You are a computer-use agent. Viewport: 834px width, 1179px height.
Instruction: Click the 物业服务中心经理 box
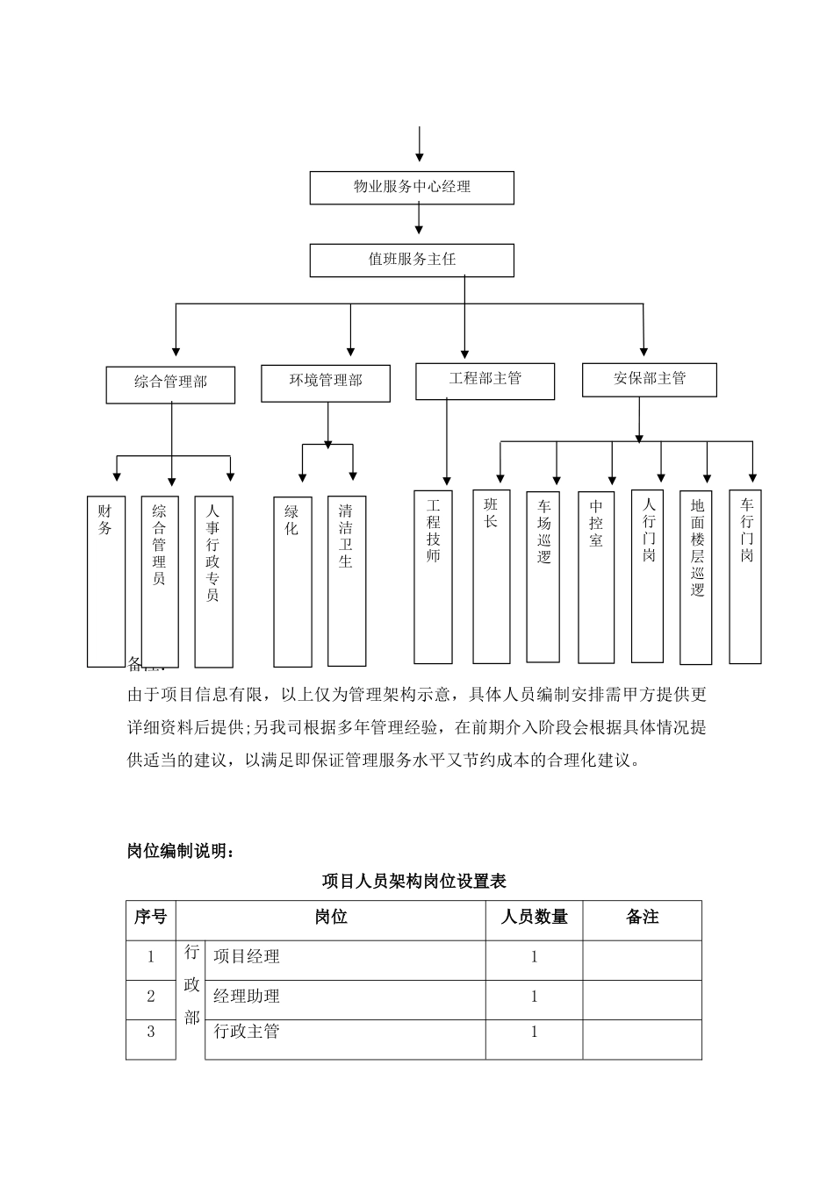412,188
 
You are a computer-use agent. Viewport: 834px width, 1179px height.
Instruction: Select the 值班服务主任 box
412,261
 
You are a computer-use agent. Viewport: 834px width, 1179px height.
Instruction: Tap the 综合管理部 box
170,384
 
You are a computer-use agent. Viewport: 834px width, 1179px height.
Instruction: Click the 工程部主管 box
485,381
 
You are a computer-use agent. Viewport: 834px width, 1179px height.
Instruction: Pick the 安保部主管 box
649,380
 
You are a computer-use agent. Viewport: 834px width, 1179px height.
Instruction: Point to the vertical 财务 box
105,581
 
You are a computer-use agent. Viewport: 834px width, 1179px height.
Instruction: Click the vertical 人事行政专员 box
213,581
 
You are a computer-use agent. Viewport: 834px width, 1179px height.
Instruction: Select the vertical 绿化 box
292,581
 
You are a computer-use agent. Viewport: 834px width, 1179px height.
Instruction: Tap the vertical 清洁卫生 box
347,581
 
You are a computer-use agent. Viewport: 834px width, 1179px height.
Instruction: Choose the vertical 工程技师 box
433,576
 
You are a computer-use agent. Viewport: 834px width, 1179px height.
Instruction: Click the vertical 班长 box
491,575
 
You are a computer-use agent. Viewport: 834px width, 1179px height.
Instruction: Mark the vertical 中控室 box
596,576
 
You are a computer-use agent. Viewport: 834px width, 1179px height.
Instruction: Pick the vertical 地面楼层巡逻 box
696,576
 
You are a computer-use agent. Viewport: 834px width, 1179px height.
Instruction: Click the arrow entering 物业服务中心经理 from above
420,145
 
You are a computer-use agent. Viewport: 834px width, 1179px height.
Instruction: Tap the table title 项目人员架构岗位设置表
413,881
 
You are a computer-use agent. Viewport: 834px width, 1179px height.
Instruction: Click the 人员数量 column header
534,918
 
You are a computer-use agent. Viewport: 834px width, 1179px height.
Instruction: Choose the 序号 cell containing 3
150,1033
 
